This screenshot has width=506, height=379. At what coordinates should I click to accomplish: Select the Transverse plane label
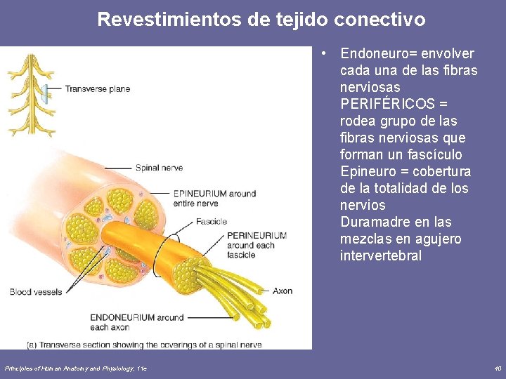(98, 89)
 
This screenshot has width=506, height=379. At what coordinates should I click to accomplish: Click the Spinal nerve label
(159, 168)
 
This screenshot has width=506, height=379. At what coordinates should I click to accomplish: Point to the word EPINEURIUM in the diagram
(202, 194)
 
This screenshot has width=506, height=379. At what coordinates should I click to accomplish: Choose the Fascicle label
(212, 222)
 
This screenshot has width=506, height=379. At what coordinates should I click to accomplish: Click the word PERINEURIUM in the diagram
(257, 236)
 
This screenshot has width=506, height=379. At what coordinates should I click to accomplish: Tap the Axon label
(282, 291)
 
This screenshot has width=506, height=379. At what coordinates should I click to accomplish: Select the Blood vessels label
(36, 291)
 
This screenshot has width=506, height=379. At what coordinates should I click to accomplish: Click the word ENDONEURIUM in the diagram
(122, 318)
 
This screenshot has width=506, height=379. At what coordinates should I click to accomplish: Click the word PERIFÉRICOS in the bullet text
(387, 104)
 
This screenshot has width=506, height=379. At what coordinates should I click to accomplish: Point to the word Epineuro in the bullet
(366, 172)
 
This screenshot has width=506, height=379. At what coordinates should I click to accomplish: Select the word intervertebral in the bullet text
(380, 256)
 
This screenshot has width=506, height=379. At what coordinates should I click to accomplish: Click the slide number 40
(498, 368)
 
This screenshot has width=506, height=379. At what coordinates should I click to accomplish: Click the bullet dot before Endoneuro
(322, 54)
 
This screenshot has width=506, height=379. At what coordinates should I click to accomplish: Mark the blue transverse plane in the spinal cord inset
(44, 91)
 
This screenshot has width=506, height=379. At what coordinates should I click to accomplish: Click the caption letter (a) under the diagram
(32, 345)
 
